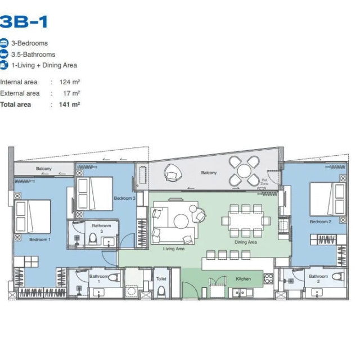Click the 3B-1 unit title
24,21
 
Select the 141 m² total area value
70,105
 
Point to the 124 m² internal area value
70,82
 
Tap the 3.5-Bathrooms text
33,55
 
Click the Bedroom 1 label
40,240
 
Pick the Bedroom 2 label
321,222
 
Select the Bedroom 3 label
125,198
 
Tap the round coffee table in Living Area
181,221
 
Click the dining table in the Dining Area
246,221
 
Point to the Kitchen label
244,279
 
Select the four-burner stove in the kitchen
269,279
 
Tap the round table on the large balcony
244,171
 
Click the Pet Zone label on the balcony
264,182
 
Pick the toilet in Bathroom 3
93,238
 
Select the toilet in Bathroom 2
338,276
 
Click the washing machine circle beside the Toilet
132,291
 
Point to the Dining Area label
246,242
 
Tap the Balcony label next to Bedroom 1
44,169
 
